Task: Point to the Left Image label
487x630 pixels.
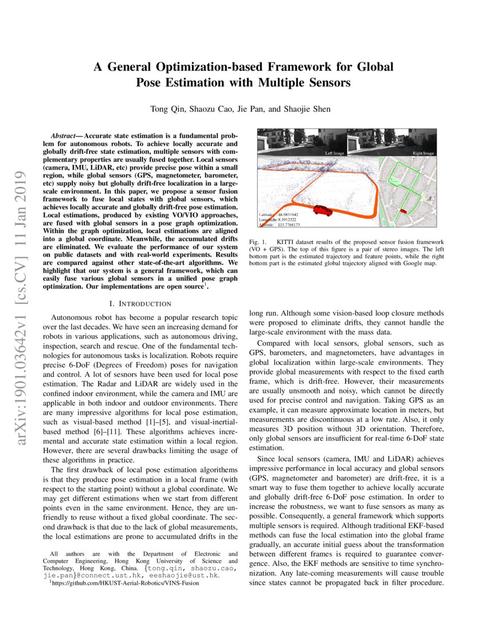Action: pos(336,154)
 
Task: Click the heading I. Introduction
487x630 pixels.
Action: pos(140,304)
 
